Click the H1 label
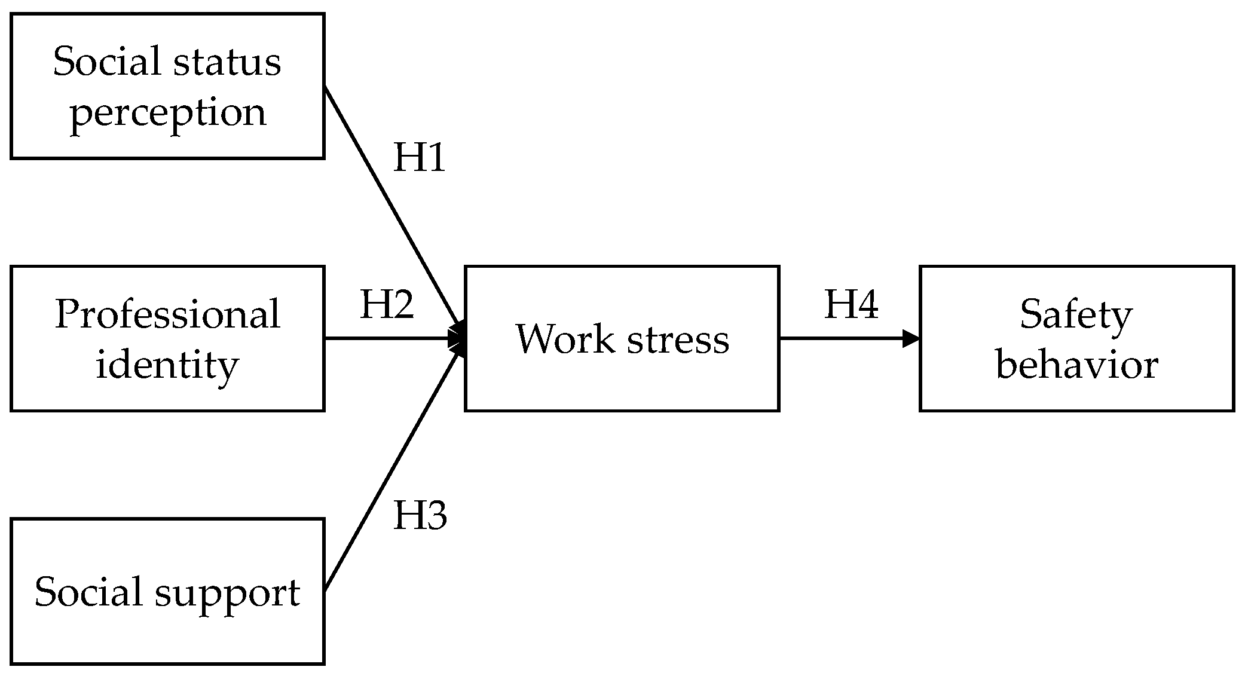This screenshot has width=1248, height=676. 420,158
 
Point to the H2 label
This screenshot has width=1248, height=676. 387,304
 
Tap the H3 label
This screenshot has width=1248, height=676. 420,515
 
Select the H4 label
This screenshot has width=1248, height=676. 851,304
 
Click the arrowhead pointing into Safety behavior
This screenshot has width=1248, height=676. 911,338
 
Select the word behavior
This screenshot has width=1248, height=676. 1077,365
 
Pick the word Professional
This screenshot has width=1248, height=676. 167,314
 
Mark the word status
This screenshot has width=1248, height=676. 233,62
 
